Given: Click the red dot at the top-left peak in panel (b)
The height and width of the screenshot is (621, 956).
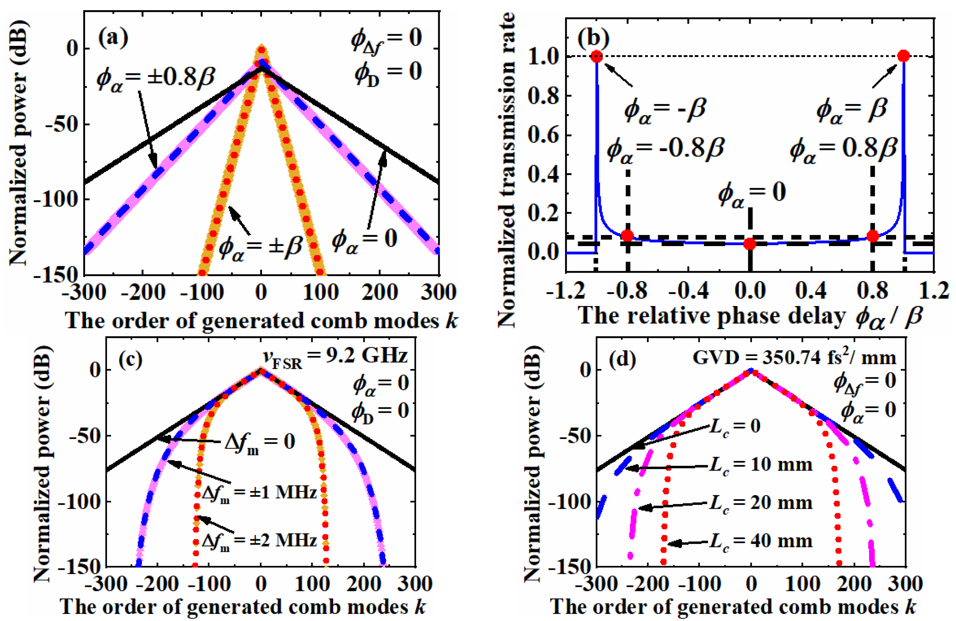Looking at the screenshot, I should [597, 56].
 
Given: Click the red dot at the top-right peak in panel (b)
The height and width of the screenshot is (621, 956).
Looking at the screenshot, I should [903, 56].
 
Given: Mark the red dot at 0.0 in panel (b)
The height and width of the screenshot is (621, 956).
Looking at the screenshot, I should [750, 244].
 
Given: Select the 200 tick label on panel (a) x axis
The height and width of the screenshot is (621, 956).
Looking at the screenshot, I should [379, 292].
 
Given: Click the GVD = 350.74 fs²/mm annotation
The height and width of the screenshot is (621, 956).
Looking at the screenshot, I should [794, 357].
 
